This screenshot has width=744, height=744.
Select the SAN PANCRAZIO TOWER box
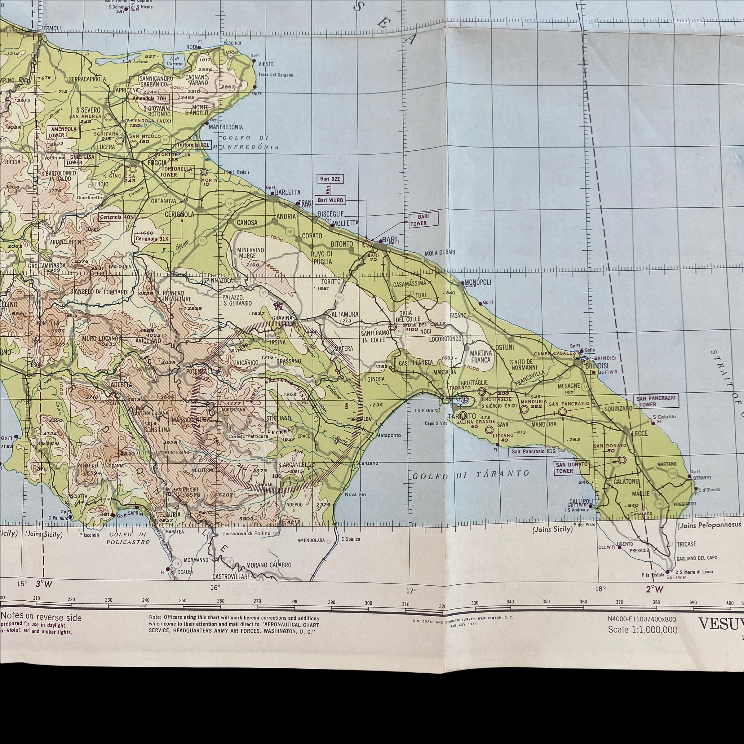656,401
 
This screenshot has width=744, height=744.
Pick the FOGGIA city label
157,163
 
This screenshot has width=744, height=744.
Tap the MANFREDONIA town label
226,127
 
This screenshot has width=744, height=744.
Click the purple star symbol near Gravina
277,306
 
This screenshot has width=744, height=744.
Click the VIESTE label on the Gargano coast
266,64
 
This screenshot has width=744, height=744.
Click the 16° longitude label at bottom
215,587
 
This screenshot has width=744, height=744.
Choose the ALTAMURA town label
345,315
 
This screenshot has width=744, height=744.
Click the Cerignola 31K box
152,239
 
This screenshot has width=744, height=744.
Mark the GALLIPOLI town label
582,501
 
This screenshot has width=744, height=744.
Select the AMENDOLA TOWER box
64,132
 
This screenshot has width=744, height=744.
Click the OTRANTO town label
702,477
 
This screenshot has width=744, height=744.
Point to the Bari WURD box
330,200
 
